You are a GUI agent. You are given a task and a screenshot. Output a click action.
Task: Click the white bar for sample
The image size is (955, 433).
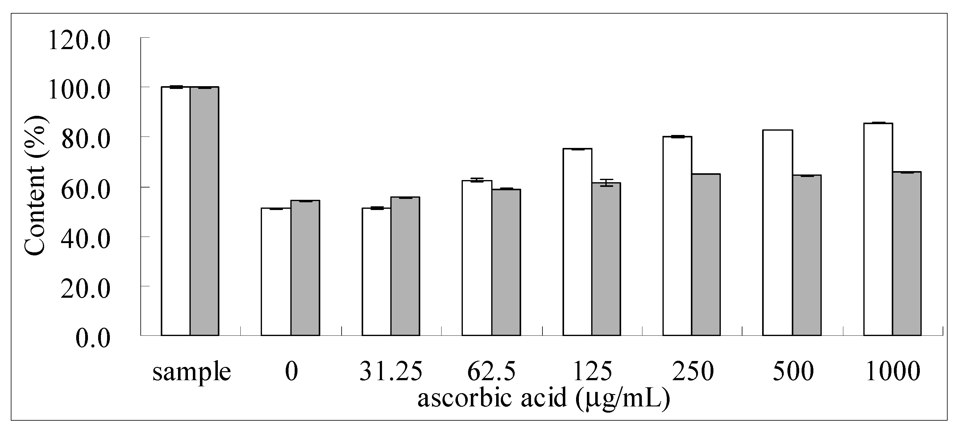coord(176,212)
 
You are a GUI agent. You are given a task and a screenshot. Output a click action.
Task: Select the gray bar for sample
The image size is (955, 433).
coord(204,212)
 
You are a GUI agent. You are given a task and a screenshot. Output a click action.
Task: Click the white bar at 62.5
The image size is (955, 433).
coord(477,258)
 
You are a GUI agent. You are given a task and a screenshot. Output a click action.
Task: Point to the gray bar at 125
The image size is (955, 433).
coord(606,259)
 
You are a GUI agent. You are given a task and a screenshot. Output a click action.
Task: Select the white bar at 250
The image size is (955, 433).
coord(677,236)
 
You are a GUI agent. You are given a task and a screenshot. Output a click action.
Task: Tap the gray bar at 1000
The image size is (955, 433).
coord(907,254)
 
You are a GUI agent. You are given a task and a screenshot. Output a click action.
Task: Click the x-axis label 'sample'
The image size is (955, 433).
coord(192,372)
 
